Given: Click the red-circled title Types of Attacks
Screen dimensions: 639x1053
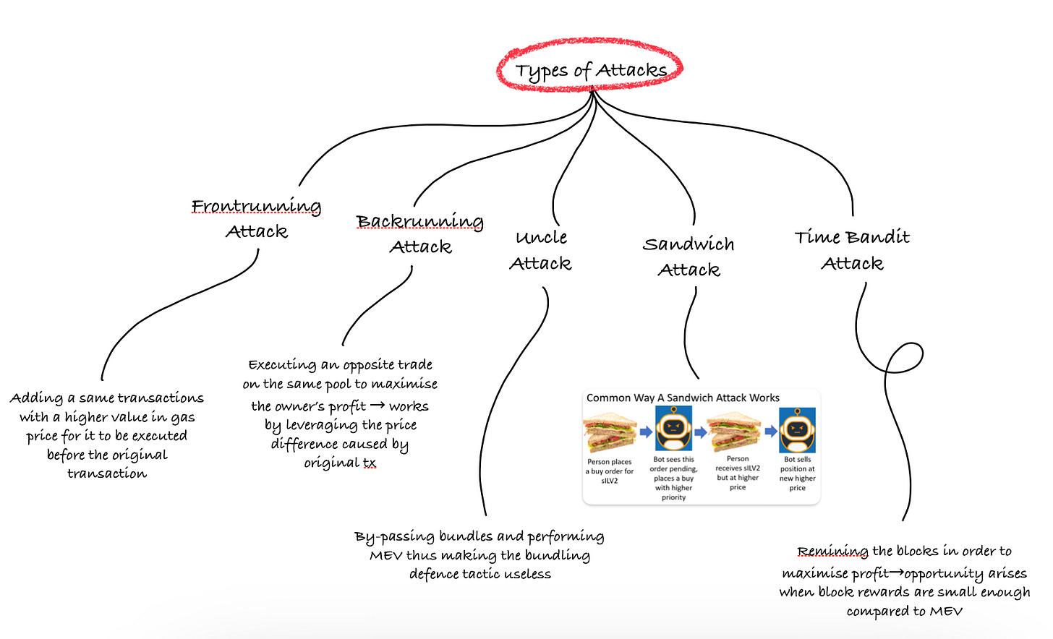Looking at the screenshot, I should (590, 70).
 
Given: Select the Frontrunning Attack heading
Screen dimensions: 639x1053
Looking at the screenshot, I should (257, 218).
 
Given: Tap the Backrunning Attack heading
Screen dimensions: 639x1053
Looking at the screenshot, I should (420, 233).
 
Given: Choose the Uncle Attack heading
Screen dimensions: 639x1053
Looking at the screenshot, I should (541, 250).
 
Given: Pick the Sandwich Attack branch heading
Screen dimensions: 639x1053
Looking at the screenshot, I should (688, 257).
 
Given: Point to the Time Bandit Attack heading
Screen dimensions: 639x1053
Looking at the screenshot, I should (852, 250).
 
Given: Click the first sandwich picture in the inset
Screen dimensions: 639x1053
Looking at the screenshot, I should (610, 432).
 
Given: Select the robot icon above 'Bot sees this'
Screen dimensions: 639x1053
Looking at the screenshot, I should (673, 429).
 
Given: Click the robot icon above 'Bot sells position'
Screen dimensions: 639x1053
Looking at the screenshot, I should (797, 429).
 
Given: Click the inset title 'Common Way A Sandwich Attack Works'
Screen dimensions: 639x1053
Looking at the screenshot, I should (683, 398).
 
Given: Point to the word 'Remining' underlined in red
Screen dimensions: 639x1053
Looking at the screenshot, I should (832, 552).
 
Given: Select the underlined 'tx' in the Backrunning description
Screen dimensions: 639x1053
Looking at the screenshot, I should (370, 463).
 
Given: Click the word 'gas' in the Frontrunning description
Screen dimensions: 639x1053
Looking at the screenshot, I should (182, 418).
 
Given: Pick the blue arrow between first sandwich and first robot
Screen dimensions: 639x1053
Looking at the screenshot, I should (646, 432).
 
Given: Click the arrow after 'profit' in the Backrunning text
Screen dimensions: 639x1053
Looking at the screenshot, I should (377, 406).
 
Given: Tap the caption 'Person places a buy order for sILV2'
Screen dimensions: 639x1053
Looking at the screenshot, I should (610, 471).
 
